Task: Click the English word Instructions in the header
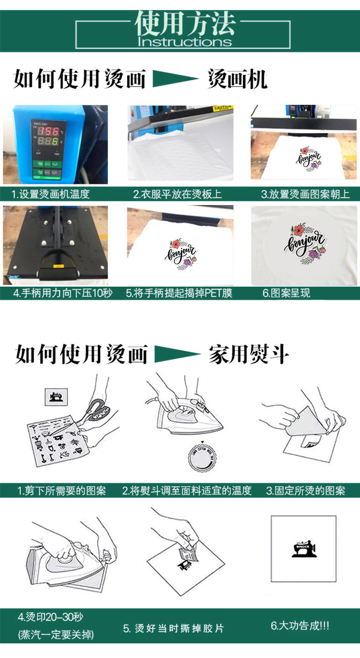(x=185, y=42)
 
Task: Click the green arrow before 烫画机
(x=175, y=78)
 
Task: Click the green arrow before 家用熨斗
(x=177, y=354)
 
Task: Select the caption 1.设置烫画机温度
(x=51, y=195)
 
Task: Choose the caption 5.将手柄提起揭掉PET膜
(x=179, y=293)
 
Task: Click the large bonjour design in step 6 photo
(x=305, y=245)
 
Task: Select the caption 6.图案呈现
(x=286, y=293)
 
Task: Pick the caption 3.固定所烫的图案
(x=305, y=491)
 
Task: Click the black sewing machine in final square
(x=303, y=548)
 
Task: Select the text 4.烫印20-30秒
(x=51, y=618)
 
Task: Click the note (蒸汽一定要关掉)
(x=56, y=635)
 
